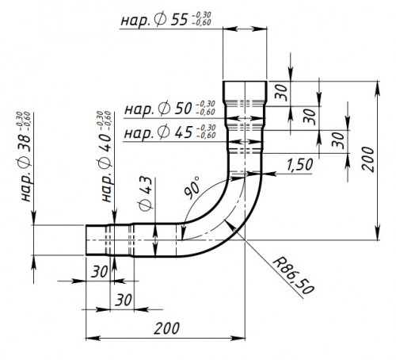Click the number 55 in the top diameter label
[x=179, y=20]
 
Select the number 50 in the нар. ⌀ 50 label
[x=183, y=109]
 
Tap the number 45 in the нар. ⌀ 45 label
[x=184, y=132]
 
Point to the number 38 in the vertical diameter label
[x=25, y=143]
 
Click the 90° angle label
[x=192, y=187]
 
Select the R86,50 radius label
[x=293, y=276]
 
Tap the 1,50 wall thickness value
[x=300, y=164]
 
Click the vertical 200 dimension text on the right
[x=367, y=159]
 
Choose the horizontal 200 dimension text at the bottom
[x=166, y=328]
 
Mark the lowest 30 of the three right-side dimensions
[x=338, y=140]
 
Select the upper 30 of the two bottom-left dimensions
[x=100, y=271]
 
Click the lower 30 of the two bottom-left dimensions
[x=124, y=300]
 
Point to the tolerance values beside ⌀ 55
[x=201, y=19]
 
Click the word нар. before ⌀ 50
[x=139, y=109]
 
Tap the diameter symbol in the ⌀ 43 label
[x=146, y=205]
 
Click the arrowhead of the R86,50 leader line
[x=230, y=226]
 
